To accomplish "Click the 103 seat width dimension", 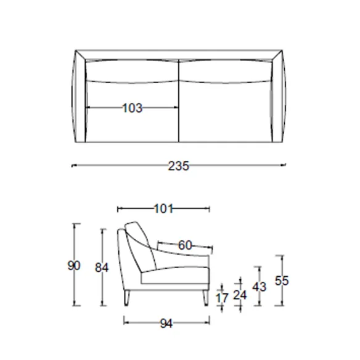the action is pos(133,108).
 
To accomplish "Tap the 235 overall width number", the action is pos(179,166).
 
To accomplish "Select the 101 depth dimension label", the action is pos(163,209).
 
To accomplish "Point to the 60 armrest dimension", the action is pos(185,245).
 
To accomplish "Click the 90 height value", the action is pos(74,266).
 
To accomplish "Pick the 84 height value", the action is pos(102,268).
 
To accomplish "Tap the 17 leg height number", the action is pos(222,298).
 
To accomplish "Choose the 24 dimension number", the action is pos(240,295).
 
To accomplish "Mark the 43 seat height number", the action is pos(259,287).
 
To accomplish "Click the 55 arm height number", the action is pos(282,280).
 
